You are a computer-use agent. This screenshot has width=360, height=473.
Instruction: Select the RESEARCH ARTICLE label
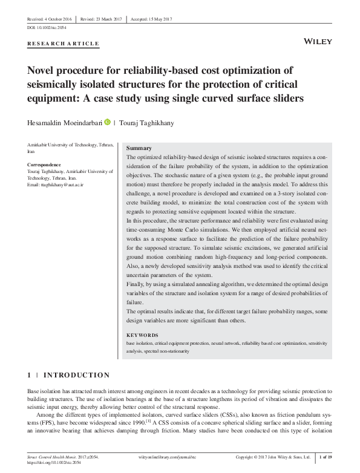tap(64, 44)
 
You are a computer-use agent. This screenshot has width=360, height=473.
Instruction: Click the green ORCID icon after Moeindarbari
tap(108, 122)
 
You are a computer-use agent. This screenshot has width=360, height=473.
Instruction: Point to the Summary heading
tap(139, 148)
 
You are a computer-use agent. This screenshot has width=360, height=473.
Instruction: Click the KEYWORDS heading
tap(142, 335)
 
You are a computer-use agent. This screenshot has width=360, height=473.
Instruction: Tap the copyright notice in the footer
tap(274, 458)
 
